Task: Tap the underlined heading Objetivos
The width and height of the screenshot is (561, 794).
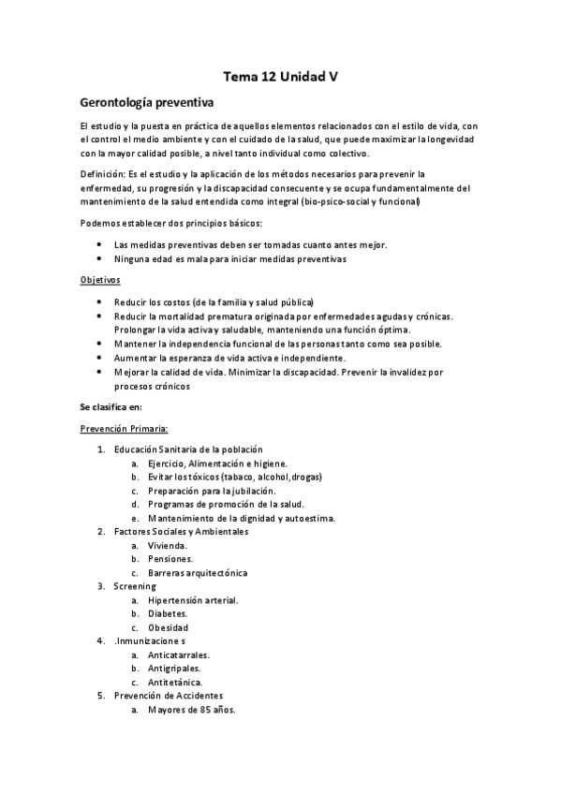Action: coord(100,280)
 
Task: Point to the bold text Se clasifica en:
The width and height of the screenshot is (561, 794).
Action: coord(111,406)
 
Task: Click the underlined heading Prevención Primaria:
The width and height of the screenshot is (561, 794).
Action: coord(124,428)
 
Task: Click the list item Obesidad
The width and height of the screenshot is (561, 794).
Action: coord(168,627)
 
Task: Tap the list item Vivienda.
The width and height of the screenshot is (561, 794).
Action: coord(168,545)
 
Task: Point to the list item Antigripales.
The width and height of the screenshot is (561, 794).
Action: coord(173,669)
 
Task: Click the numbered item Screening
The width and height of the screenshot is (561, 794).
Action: coord(135,586)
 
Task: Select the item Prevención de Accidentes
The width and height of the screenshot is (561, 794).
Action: coord(169,696)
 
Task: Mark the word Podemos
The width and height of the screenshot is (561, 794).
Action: coord(99,222)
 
